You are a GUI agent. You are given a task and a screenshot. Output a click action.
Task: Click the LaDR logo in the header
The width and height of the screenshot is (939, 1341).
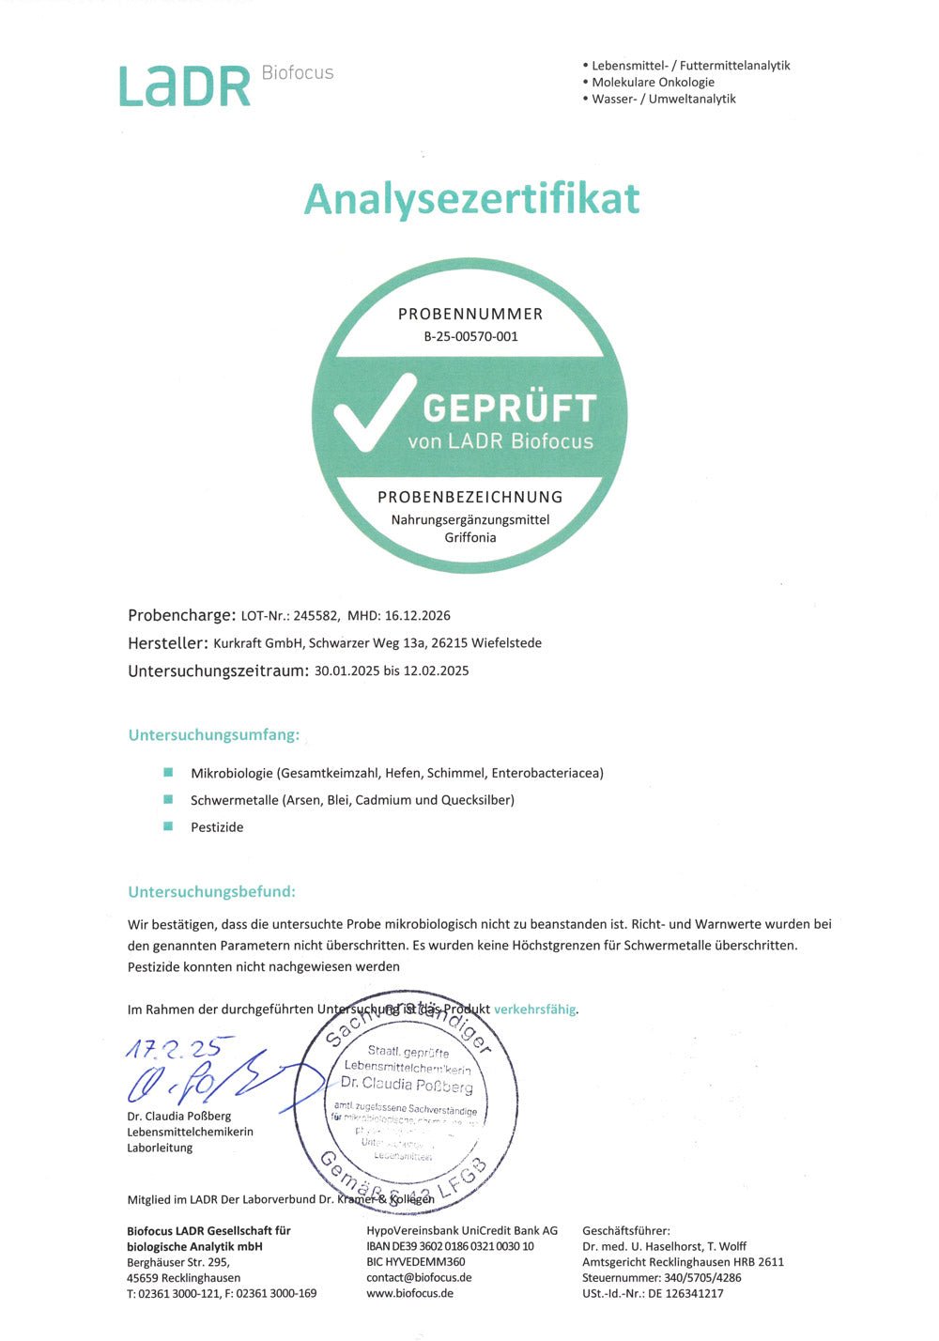[x=185, y=85]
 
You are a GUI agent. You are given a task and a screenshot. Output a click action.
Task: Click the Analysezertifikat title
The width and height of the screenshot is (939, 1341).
[x=471, y=198]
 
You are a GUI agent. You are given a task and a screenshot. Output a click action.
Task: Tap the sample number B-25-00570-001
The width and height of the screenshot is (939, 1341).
[x=470, y=336]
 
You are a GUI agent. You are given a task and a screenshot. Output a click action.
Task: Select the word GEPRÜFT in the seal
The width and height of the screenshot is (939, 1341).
[x=510, y=408]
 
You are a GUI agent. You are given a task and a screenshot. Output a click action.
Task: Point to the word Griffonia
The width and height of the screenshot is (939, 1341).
[x=470, y=537]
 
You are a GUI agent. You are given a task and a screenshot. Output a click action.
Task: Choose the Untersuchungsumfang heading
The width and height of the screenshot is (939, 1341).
[x=214, y=735]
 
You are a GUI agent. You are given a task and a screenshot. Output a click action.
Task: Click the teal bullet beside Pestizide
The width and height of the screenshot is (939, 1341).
[x=169, y=826]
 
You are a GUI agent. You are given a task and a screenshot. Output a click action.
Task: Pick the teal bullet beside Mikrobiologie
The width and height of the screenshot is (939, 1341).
[x=169, y=772]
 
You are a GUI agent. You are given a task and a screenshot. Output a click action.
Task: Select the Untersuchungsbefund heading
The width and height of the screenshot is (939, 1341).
[x=212, y=891]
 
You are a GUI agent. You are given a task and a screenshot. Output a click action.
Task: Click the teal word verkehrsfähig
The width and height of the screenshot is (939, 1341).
[x=534, y=1010]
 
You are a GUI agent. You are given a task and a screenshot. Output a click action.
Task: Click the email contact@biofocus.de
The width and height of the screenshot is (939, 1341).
[x=419, y=1277]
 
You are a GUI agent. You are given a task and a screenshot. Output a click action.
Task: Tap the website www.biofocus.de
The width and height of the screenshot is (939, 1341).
[x=409, y=1293]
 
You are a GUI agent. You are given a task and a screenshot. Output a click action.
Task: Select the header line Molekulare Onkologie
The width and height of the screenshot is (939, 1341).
[x=653, y=82]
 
